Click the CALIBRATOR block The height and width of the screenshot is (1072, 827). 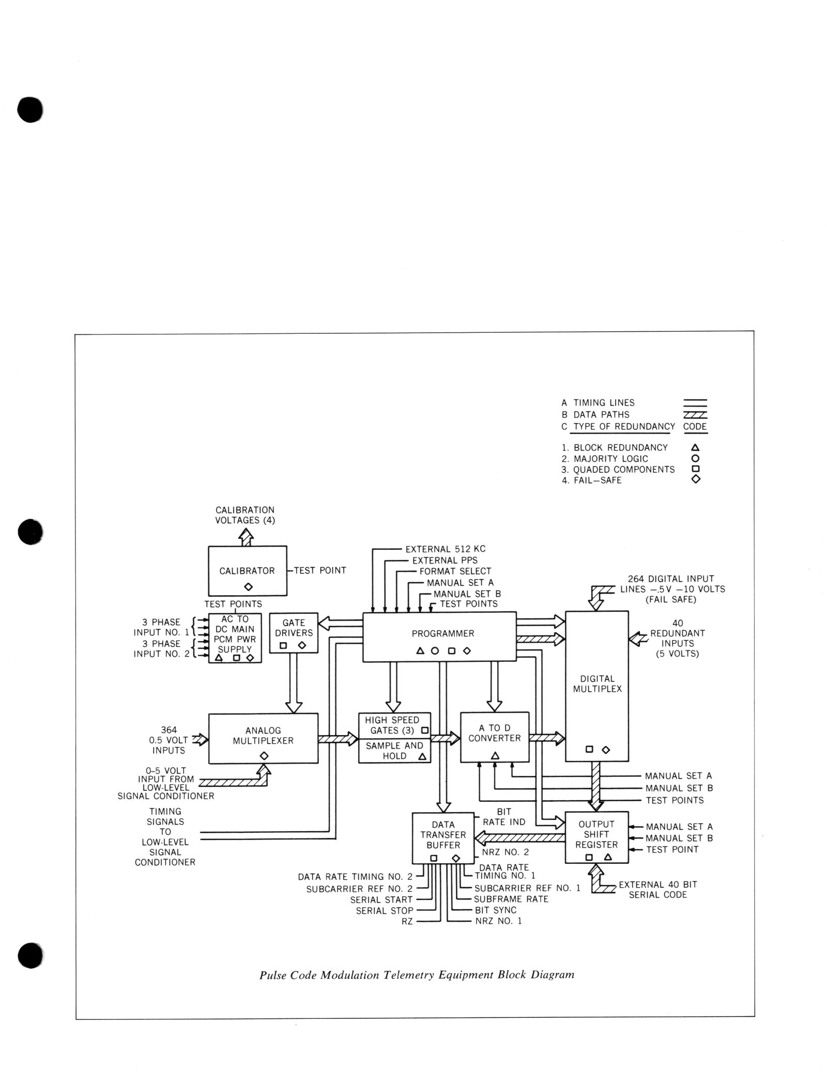[x=247, y=570]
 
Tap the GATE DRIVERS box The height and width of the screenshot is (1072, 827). [x=294, y=632]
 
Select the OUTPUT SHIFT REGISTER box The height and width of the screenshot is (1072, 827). [x=596, y=837]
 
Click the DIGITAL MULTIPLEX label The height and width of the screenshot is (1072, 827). [x=597, y=684]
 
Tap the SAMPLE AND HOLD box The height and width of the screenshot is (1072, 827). [x=394, y=751]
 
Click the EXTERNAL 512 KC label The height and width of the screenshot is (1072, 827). [x=445, y=549]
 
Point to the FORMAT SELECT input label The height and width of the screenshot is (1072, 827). [x=455, y=571]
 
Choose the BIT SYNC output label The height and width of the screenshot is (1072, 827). [x=495, y=910]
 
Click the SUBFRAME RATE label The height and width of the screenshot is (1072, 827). [x=511, y=898]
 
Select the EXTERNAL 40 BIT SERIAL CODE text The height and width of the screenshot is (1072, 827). [x=657, y=889]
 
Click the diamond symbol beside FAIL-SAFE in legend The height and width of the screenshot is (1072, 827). [x=695, y=479]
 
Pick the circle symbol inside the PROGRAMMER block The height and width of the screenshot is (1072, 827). [x=435, y=650]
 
